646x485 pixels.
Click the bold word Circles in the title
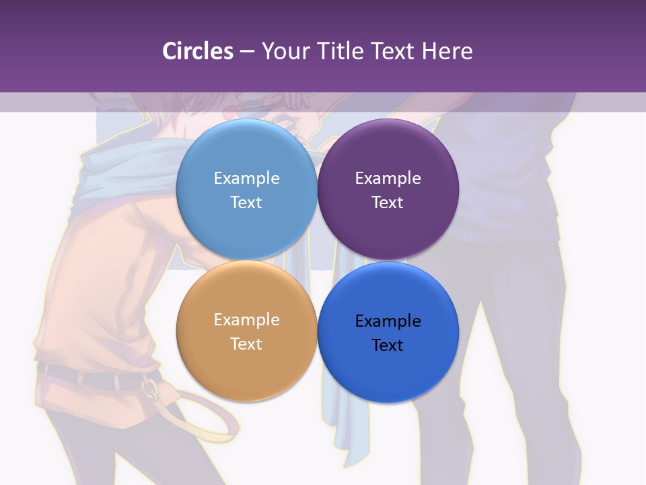coord(197,51)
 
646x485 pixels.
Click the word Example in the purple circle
coord(388,179)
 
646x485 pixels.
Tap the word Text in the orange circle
coord(246,344)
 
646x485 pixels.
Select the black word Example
coord(388,321)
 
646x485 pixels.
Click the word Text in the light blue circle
coord(246,203)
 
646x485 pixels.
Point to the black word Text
coord(388,346)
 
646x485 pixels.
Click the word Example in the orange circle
coord(246,320)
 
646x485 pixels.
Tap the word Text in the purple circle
coord(388,203)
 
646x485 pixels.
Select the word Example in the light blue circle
coord(246,179)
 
